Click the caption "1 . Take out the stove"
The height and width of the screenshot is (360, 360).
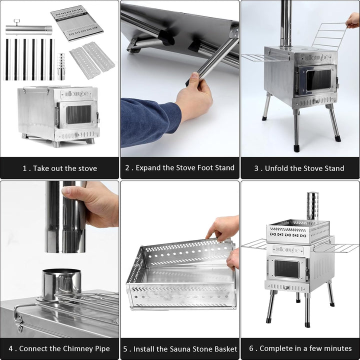[x=59, y=168]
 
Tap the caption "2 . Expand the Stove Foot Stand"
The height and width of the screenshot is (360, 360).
[x=180, y=168]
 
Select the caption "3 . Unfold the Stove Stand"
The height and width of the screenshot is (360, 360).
[x=299, y=168]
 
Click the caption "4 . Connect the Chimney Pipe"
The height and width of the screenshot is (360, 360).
[x=59, y=348]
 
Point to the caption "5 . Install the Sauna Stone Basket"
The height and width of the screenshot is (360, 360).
[x=180, y=348]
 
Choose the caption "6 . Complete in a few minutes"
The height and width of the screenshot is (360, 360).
[x=300, y=348]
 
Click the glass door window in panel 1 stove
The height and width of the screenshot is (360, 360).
[x=78, y=114]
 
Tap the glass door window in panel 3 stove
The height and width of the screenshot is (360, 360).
[x=318, y=80]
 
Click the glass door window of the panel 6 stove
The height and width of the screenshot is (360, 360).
[x=286, y=269]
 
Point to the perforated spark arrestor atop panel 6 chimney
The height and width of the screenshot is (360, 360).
[x=312, y=205]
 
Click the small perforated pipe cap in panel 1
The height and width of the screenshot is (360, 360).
[x=61, y=66]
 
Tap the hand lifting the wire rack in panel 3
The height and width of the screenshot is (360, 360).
[x=353, y=20]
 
